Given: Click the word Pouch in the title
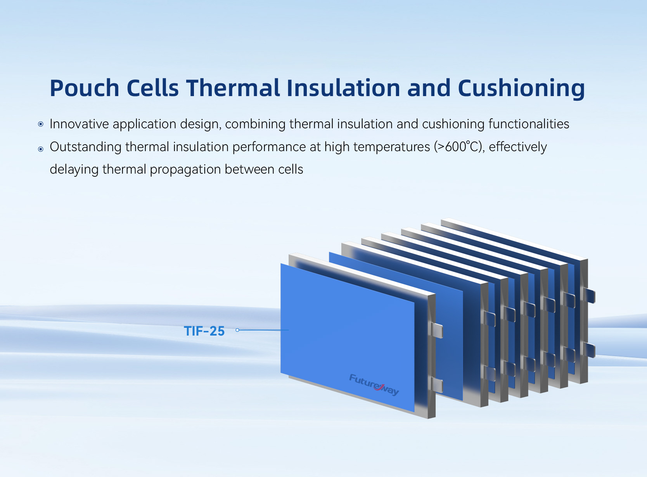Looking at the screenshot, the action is [x=85, y=88].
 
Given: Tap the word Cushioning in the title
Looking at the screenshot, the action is [x=521, y=89].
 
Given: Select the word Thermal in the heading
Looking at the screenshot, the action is [x=233, y=88].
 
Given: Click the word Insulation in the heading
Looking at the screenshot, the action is [x=343, y=88].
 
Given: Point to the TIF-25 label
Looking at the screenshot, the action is [x=204, y=331].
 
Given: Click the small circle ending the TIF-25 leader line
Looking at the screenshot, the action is [x=237, y=330].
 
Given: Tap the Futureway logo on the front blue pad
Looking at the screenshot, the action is [x=374, y=385].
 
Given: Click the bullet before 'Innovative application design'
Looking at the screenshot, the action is [x=41, y=124].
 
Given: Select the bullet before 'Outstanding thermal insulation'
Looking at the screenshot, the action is [x=41, y=149].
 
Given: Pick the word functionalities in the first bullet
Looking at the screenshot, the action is [x=529, y=124].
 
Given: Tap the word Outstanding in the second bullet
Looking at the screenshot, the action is [x=85, y=146].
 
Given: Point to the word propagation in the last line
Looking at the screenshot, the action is [x=185, y=169].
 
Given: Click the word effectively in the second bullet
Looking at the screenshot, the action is [x=518, y=146].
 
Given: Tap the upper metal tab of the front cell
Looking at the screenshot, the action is [x=436, y=331].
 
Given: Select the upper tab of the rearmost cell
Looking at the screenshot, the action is [x=589, y=296].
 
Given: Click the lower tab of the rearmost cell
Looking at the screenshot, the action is [x=589, y=350].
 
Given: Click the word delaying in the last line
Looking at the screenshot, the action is [x=74, y=169].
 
